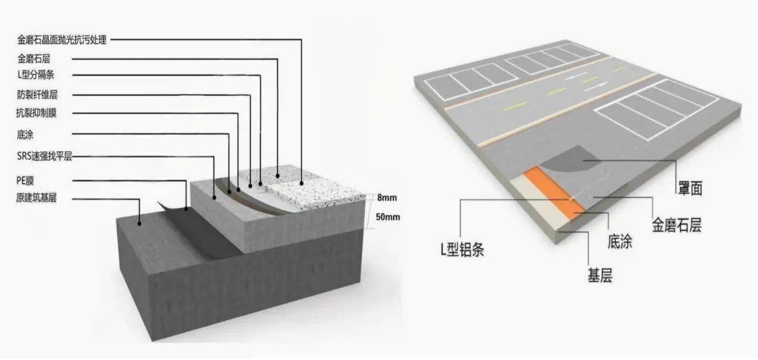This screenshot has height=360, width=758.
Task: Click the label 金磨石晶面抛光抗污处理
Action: point(61,39)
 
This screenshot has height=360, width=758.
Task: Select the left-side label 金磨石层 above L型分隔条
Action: point(34,59)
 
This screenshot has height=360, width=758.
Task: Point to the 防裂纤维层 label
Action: point(36,95)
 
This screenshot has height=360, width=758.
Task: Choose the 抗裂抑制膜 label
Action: point(36,114)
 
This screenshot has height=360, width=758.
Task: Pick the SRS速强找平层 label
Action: point(44,156)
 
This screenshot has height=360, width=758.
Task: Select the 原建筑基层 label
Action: point(36,198)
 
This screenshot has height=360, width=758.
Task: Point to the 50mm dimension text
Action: point(387,217)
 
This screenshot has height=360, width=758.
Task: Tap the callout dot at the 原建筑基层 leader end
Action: point(140,223)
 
